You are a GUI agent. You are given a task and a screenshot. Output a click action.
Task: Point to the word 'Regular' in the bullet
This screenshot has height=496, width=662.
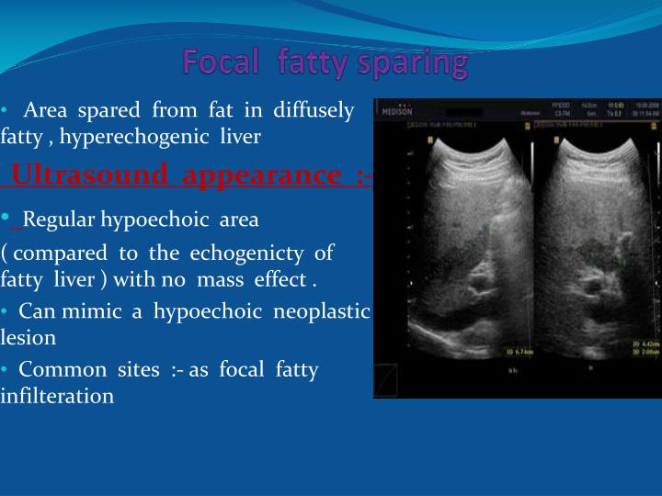[x=59, y=220]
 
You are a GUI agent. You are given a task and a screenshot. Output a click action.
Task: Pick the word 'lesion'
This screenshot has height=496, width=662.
[x=29, y=337]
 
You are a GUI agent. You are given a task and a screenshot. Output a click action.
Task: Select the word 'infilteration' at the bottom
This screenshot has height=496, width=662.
[x=57, y=396]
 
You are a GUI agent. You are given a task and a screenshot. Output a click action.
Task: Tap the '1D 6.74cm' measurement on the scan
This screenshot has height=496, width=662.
[x=520, y=350]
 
